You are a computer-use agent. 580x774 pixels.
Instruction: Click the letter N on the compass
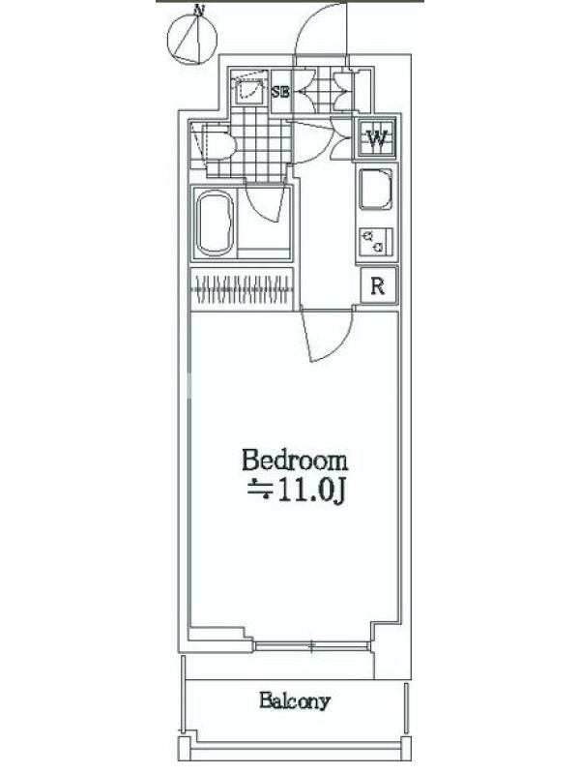click(x=199, y=11)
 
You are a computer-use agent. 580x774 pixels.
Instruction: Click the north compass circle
click(x=167, y=39)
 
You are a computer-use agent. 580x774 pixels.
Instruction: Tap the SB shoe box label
click(x=280, y=91)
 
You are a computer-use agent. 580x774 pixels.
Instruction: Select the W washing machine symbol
click(x=377, y=138)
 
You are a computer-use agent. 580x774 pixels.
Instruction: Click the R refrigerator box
click(x=378, y=285)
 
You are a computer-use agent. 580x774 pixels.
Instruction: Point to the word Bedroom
click(x=295, y=461)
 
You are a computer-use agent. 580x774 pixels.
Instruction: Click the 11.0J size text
click(x=311, y=491)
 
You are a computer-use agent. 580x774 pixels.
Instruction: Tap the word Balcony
click(x=295, y=700)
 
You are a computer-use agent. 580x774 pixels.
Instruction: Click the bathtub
click(x=215, y=223)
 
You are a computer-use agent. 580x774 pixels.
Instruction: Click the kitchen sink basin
click(x=376, y=189)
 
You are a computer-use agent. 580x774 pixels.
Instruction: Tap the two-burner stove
click(x=376, y=242)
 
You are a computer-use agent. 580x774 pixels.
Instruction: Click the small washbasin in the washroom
click(x=249, y=89)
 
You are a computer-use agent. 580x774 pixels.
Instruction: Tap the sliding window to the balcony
click(x=311, y=645)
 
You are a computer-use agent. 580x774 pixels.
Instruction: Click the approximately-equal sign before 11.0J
click(x=260, y=490)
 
